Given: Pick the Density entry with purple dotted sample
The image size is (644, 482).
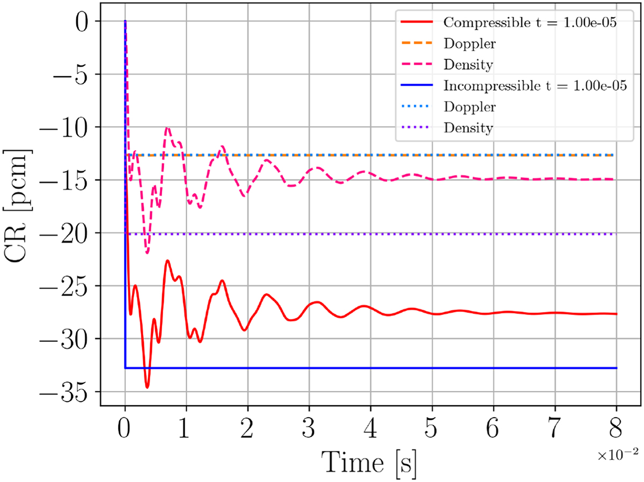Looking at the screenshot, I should (469, 128).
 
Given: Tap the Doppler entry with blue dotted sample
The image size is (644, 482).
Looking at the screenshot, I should (469, 107).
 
